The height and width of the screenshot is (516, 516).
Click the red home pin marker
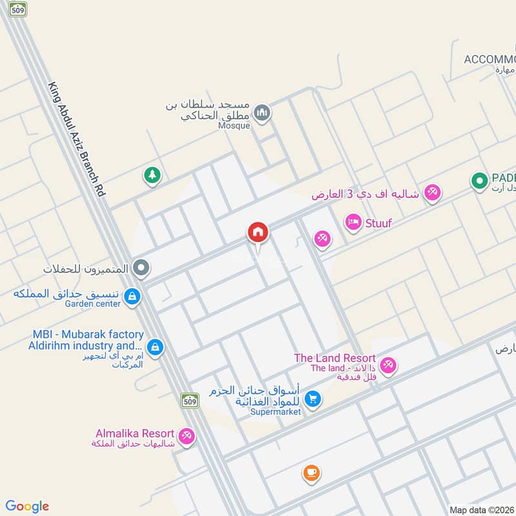click(257, 233)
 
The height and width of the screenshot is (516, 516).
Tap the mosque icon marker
click(262, 114)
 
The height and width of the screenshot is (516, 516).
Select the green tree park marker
click(152, 175)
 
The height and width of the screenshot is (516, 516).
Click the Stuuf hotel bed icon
click(353, 223)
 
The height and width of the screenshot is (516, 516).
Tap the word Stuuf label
click(379, 224)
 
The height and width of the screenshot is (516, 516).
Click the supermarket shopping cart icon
click(313, 399)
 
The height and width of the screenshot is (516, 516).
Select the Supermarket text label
click(275, 412)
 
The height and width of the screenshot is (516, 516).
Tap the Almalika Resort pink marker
click(187, 437)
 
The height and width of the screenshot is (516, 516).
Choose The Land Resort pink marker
click(388, 366)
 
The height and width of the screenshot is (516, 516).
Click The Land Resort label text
click(334, 358)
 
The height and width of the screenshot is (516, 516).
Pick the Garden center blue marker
click(132, 297)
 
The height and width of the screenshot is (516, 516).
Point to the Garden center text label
click(92, 304)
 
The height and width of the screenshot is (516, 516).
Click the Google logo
click(27, 506)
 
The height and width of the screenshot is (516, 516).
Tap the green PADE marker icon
click(479, 181)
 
